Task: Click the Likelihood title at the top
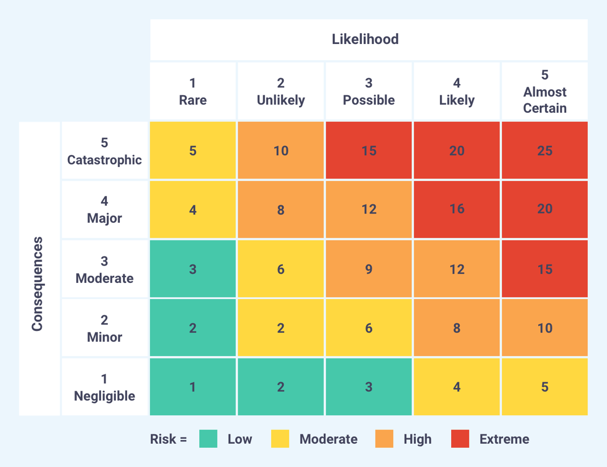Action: (x=365, y=39)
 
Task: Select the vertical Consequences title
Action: (x=37, y=283)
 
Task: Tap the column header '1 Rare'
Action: (x=193, y=92)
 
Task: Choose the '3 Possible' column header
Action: (x=369, y=92)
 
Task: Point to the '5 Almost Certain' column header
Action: (x=545, y=92)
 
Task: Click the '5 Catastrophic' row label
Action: (x=104, y=151)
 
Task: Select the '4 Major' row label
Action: (x=104, y=209)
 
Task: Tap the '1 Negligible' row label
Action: (x=104, y=387)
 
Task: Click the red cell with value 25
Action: (x=545, y=151)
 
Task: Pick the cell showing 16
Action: (x=457, y=209)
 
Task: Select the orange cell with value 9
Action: (x=369, y=269)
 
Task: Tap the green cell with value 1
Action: (x=193, y=387)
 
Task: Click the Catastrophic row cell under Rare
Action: (x=193, y=151)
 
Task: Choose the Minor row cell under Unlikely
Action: (x=281, y=328)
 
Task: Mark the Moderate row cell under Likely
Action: (x=457, y=269)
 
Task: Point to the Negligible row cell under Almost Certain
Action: (x=545, y=387)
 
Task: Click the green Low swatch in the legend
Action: (x=208, y=439)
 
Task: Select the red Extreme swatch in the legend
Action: (x=460, y=439)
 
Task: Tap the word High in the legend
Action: (x=417, y=439)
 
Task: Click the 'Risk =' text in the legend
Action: (x=168, y=439)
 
